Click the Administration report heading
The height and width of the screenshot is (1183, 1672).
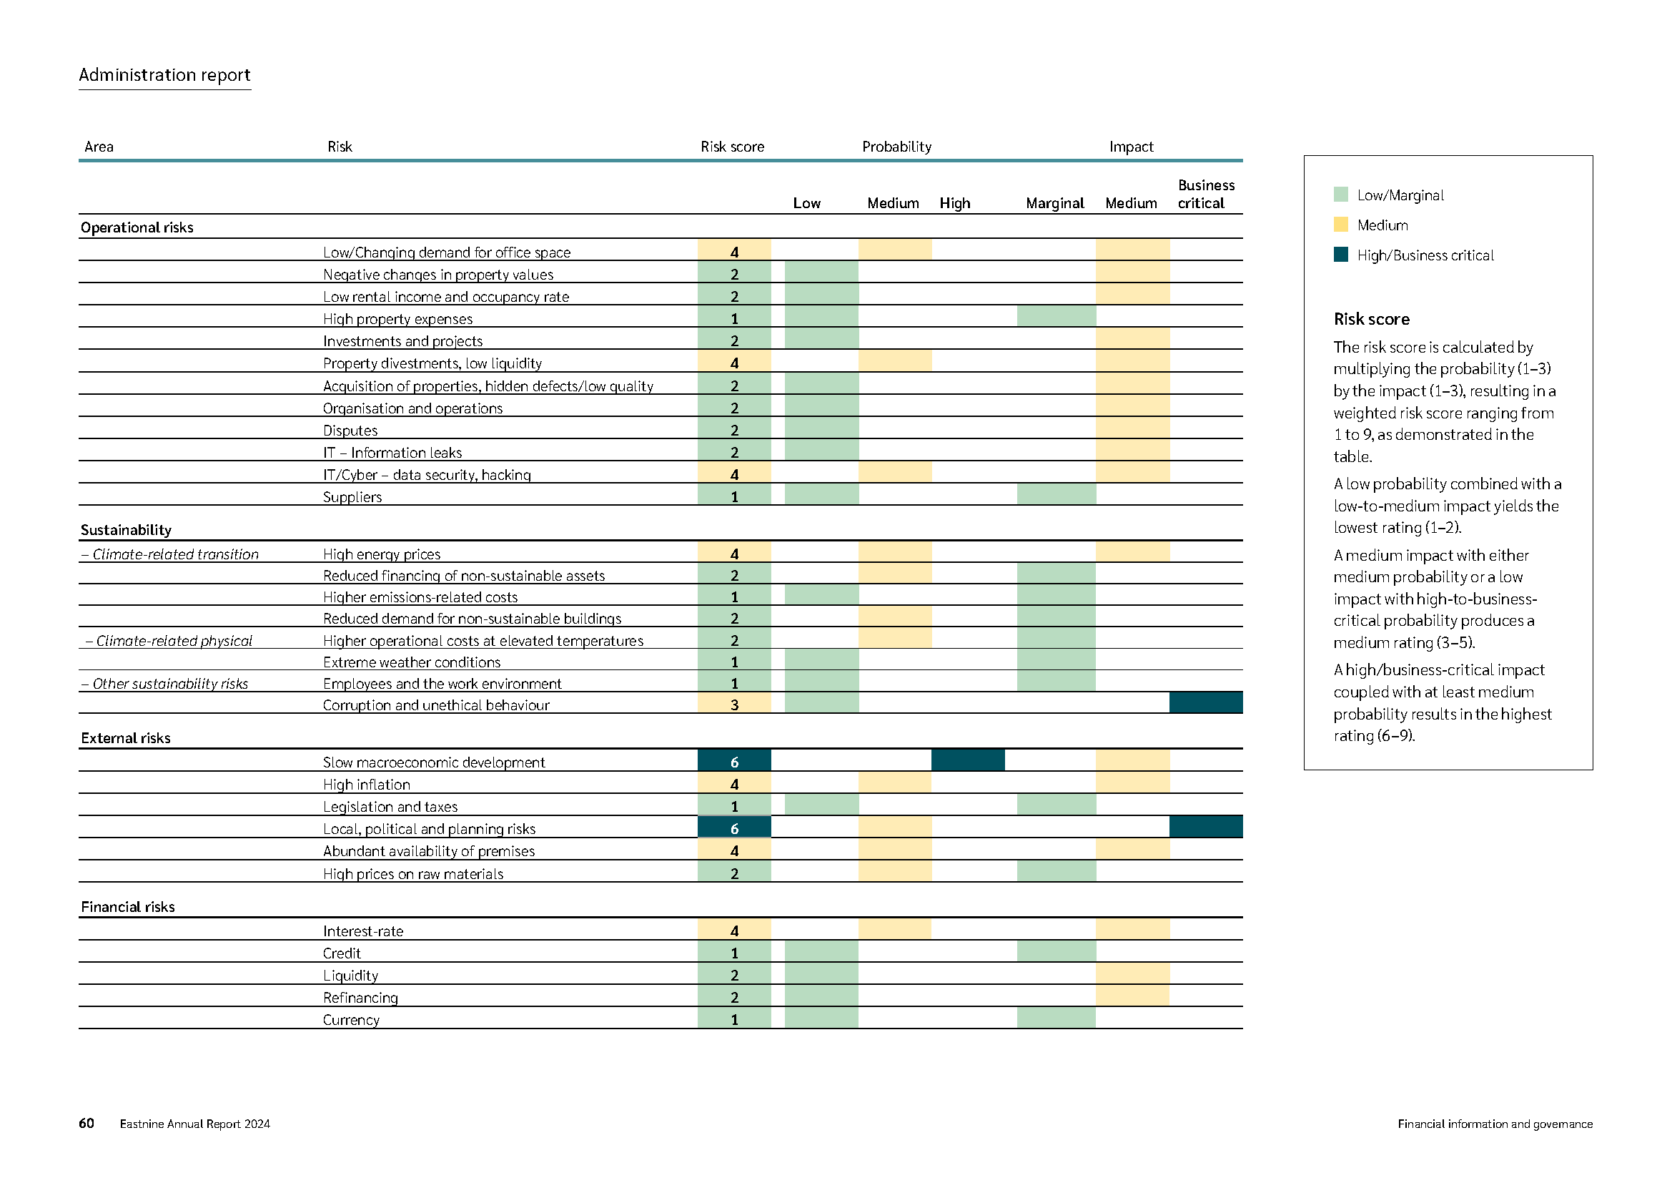click(164, 75)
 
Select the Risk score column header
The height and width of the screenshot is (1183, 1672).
click(732, 147)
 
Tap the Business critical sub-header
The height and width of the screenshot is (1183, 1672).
click(1205, 195)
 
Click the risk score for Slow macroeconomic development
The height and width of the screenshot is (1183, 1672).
click(733, 762)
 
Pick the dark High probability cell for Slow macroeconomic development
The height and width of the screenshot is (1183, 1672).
click(967, 760)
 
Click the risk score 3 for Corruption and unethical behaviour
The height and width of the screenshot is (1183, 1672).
click(733, 705)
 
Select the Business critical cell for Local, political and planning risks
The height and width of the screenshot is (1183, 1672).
click(1205, 828)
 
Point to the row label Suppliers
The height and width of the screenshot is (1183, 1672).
click(352, 497)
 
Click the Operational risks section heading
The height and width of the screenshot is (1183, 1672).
click(137, 227)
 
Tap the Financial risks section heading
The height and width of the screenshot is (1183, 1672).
click(127, 907)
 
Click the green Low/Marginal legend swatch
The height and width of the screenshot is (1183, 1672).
click(1340, 195)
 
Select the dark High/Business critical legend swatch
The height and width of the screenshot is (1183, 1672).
click(1340, 255)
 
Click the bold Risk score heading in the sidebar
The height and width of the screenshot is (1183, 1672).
click(1371, 319)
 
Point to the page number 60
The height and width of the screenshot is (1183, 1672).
click(86, 1123)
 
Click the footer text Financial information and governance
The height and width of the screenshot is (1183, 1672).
click(1494, 1124)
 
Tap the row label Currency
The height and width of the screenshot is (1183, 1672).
click(351, 1020)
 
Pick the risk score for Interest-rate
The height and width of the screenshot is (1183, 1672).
click(733, 931)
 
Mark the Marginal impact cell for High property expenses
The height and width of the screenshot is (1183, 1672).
click(1056, 317)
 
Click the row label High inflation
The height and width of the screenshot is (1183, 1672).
click(366, 785)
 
